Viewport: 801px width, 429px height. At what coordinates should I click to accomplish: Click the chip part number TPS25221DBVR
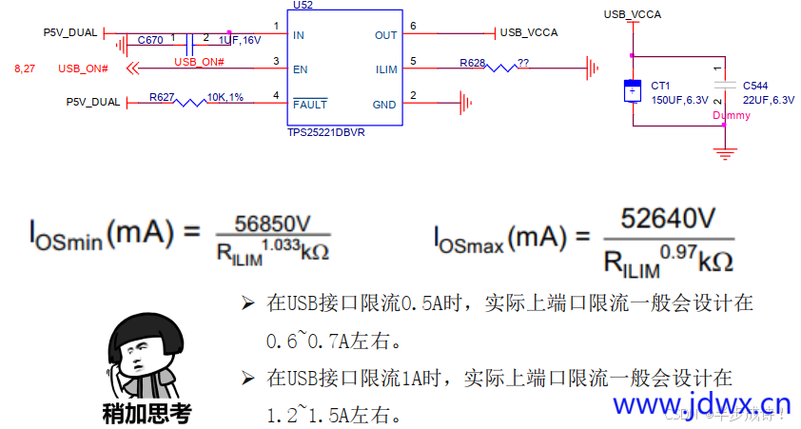point(325,133)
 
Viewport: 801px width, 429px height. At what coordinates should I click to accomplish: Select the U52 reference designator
point(303,5)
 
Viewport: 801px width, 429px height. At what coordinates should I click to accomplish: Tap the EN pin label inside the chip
point(302,69)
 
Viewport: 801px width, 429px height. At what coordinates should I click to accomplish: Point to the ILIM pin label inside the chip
point(386,69)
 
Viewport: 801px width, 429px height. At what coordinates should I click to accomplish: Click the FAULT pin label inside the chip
point(311,104)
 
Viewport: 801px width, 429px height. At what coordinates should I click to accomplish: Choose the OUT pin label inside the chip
point(385,35)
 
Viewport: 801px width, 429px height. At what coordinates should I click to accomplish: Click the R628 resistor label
point(472,63)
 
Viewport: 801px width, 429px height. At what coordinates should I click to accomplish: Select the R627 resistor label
point(162,96)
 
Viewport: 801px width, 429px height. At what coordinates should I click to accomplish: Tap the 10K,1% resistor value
point(225,97)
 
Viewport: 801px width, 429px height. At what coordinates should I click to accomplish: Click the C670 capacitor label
point(150,40)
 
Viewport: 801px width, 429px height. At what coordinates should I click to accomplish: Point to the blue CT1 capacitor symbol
point(631,91)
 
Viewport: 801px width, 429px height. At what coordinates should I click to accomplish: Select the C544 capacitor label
point(755,85)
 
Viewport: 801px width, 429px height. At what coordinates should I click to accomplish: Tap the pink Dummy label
point(731,116)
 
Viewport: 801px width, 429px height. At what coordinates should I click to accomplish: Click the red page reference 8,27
point(25,69)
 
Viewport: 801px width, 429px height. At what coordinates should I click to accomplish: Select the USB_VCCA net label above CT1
point(632,13)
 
